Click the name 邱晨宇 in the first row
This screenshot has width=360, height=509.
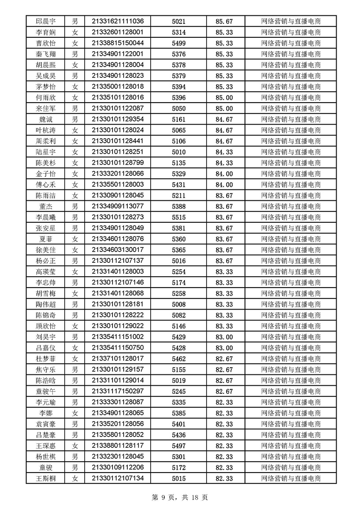point(45,21)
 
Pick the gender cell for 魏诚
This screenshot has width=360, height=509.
point(75,119)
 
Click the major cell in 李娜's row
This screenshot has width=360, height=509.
point(291,413)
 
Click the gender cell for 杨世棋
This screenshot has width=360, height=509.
point(75,456)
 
